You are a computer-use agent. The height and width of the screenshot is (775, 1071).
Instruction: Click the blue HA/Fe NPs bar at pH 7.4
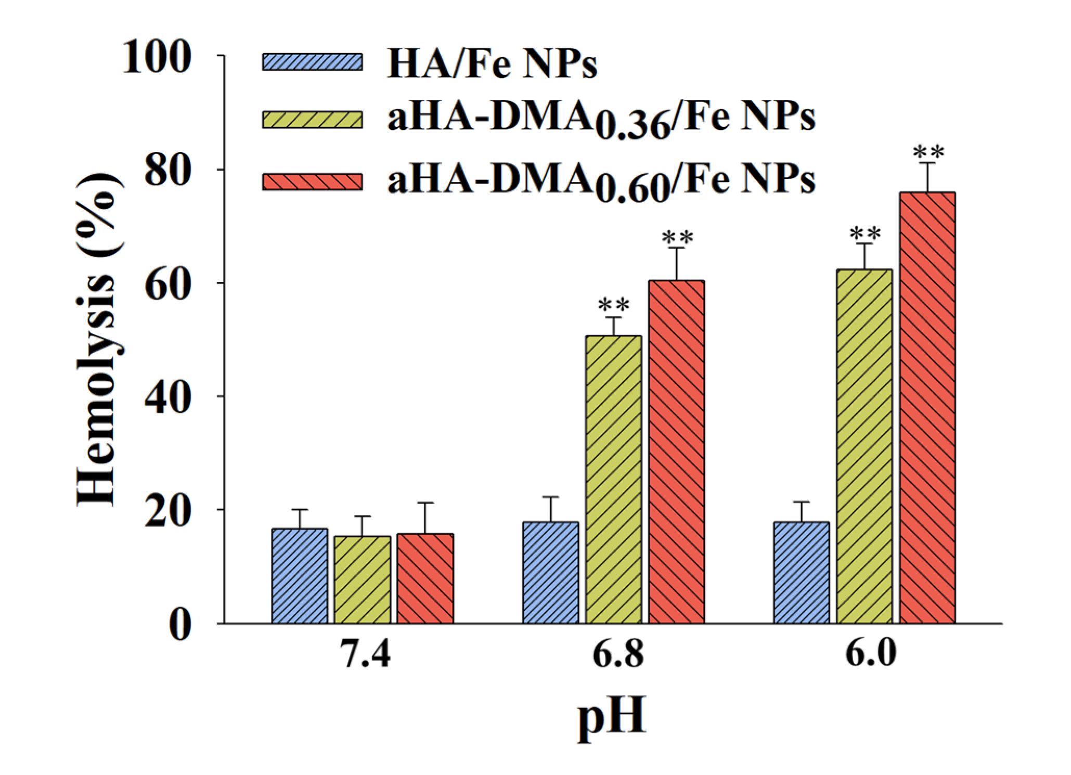coord(300,576)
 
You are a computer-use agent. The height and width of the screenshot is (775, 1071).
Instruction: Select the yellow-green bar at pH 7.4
coord(362,579)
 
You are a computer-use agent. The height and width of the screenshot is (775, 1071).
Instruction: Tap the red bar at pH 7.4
coord(425,578)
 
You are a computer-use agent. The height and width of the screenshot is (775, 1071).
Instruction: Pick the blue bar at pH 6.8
coord(550,572)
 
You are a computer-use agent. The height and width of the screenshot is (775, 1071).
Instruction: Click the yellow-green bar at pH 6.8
coord(613,479)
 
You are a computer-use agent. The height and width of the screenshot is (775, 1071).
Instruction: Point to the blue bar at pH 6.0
coord(801,572)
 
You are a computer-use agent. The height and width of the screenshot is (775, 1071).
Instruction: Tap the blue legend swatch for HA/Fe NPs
coord(312,62)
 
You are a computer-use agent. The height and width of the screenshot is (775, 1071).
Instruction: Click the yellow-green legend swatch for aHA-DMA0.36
coord(312,119)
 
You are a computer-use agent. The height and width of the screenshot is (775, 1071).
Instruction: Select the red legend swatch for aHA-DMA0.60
coord(312,182)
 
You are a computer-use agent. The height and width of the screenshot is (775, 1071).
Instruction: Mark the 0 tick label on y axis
coord(179,624)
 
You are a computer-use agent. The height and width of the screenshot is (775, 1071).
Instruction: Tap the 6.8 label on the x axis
coord(617,654)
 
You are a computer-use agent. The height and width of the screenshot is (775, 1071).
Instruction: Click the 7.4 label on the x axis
coord(365,654)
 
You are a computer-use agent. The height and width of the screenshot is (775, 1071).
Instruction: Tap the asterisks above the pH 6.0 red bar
coord(928,152)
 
